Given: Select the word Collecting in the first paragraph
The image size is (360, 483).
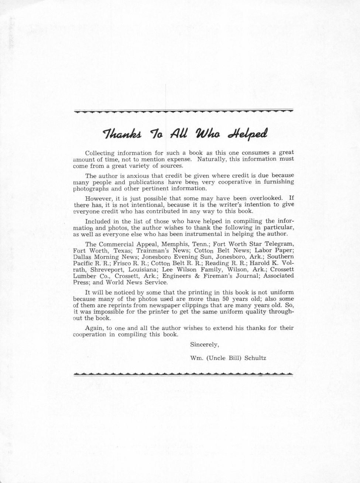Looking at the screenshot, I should pyautogui.click(x=100, y=153).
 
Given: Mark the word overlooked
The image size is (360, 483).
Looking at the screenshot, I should pyautogui.click(x=265, y=198).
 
